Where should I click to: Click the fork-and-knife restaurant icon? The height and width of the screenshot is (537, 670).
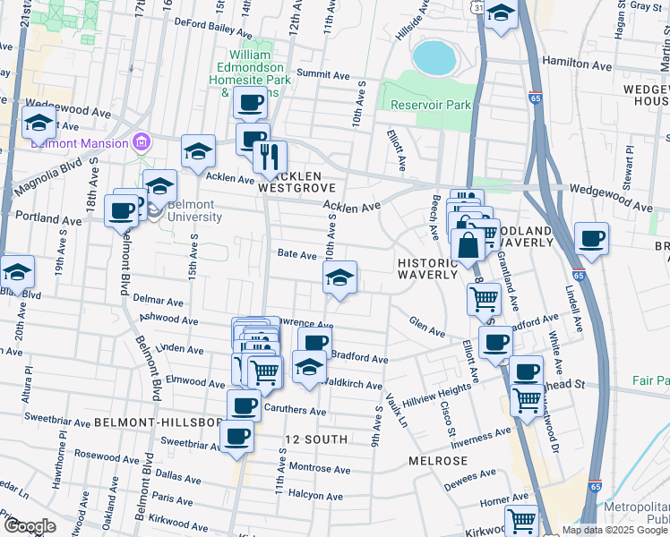[x=270, y=158]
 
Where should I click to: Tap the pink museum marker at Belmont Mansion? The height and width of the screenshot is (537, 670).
[x=140, y=141]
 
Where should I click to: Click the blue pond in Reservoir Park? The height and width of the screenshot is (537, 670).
[x=434, y=57]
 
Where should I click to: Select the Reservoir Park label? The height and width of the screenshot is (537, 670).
[x=431, y=105]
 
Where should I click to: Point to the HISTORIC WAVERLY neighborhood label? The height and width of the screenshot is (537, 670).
[x=428, y=268]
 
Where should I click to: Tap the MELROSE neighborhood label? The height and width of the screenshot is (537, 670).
[x=438, y=460]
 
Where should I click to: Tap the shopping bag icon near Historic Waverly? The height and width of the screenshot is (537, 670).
[x=468, y=243]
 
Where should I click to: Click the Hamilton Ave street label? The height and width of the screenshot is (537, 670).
[x=578, y=66]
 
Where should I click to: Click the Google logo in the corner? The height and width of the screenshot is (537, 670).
[x=30, y=526]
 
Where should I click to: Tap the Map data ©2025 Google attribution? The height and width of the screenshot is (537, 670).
[x=614, y=530]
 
